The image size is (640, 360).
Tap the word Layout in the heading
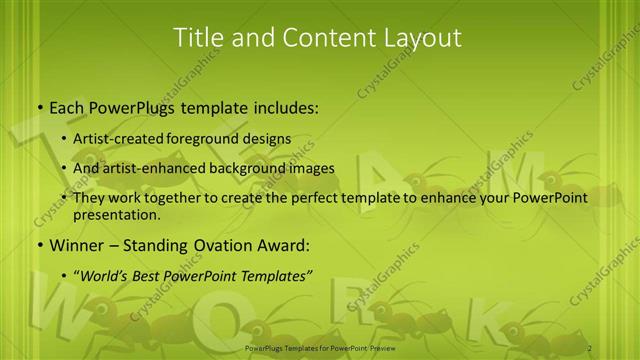coord(421,38)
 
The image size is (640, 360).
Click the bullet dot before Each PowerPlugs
coord(39,106)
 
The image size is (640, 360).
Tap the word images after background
coord(313,168)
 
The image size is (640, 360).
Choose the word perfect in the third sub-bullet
coord(316,198)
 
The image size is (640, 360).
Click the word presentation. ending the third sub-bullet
coord(117,214)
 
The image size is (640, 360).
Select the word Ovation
coord(224,245)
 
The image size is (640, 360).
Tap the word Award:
coord(285,245)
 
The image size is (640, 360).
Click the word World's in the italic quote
coord(106,275)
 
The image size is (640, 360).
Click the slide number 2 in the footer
coord(590,348)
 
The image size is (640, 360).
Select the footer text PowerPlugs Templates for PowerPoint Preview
coord(320,348)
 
